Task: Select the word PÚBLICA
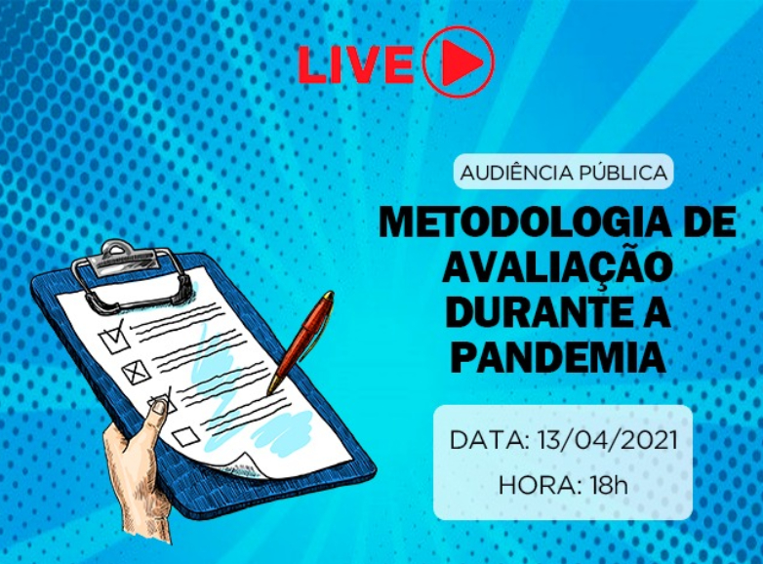click(622, 173)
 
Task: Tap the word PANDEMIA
click(558, 358)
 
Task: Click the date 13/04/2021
click(608, 440)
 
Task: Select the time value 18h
click(608, 485)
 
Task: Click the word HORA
click(541, 485)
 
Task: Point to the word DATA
click(490, 440)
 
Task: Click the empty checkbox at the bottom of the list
click(185, 436)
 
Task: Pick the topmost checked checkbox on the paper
click(114, 338)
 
